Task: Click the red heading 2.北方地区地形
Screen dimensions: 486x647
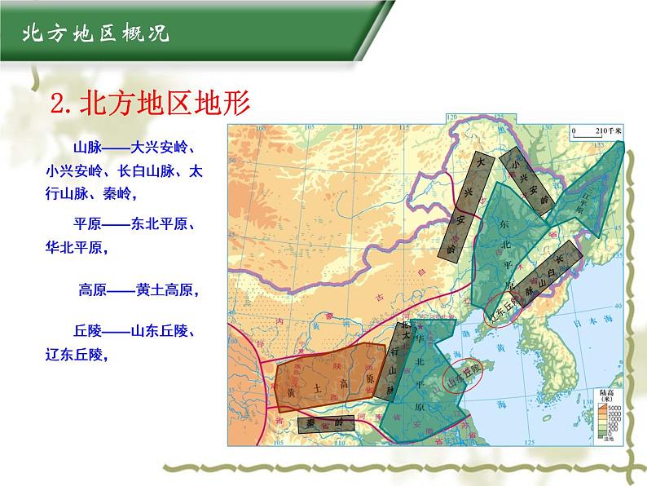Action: [148, 104]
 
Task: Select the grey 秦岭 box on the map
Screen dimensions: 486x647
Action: [326, 423]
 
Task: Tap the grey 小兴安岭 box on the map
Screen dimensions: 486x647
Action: [526, 179]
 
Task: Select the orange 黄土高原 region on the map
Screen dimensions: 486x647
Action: [329, 379]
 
